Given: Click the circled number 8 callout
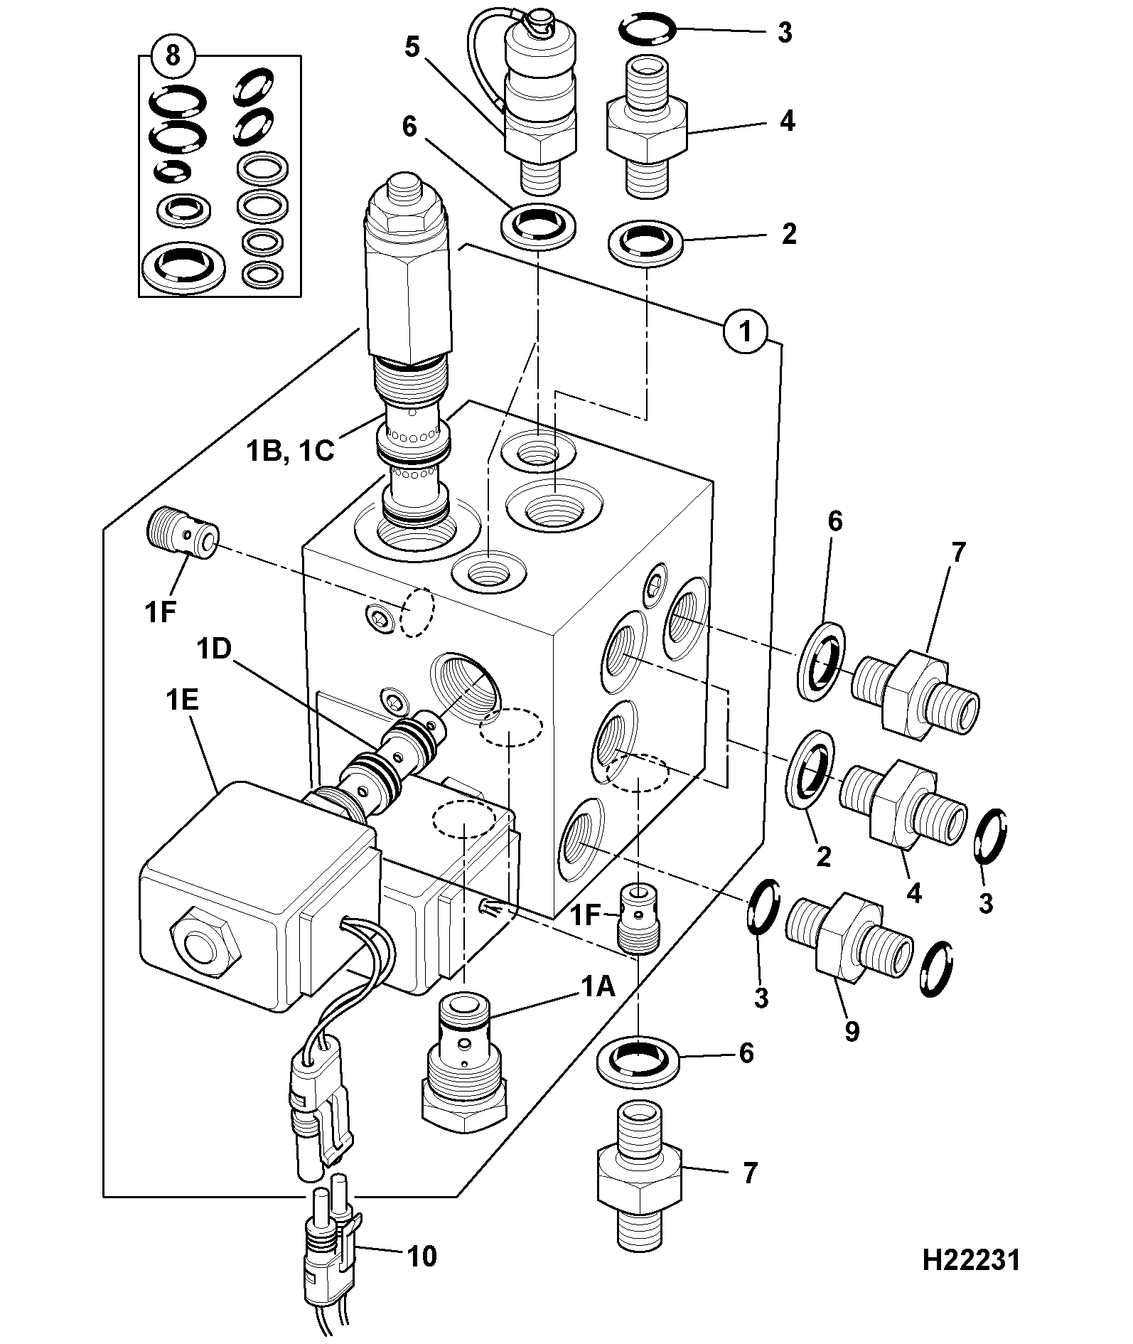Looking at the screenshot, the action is coord(173,55).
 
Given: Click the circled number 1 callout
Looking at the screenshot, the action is coord(746,331).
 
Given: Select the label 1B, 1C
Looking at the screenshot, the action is coord(290,450).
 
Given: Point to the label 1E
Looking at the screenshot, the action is coord(182,701).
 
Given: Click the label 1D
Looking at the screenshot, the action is coord(215,650).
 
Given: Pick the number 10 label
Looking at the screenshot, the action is coord(421,1257).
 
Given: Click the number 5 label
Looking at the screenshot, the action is coord(413,47).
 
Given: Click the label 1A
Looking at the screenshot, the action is coord(598,987).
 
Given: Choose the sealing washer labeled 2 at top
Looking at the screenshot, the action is coord(645,242).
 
